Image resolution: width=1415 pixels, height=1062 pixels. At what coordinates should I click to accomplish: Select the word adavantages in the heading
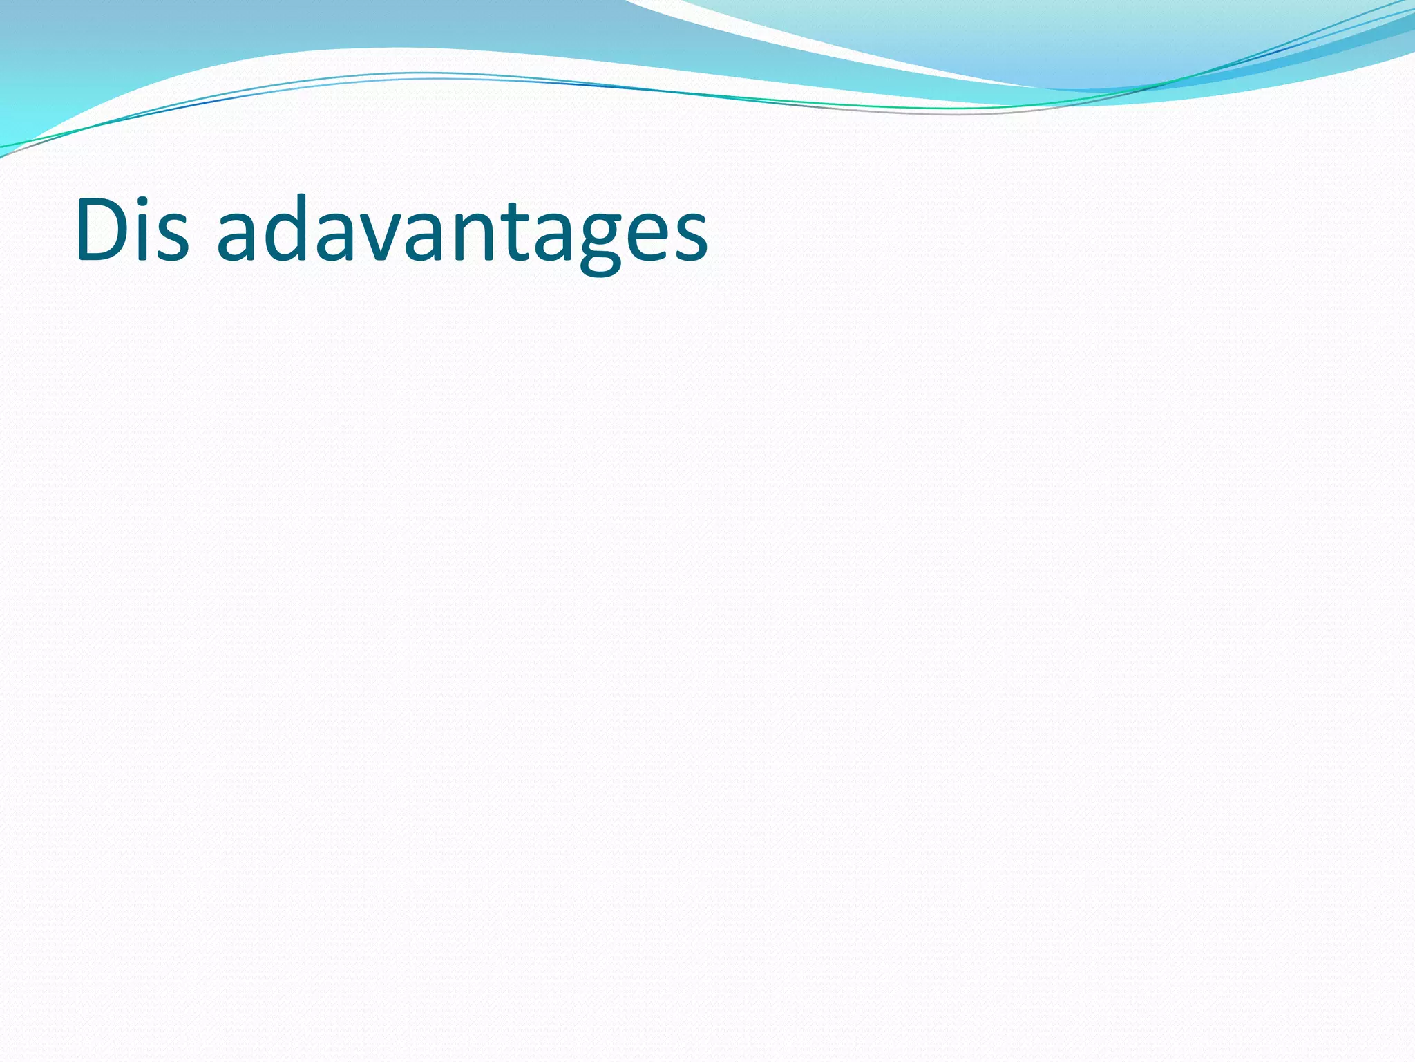462,232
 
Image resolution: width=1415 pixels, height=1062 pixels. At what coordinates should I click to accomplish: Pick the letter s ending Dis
172,239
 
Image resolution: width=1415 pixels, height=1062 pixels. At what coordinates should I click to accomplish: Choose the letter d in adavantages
280,232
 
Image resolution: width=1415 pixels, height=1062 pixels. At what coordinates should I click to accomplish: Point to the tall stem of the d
298,221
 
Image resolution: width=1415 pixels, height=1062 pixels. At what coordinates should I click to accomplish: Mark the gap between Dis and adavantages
202,235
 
